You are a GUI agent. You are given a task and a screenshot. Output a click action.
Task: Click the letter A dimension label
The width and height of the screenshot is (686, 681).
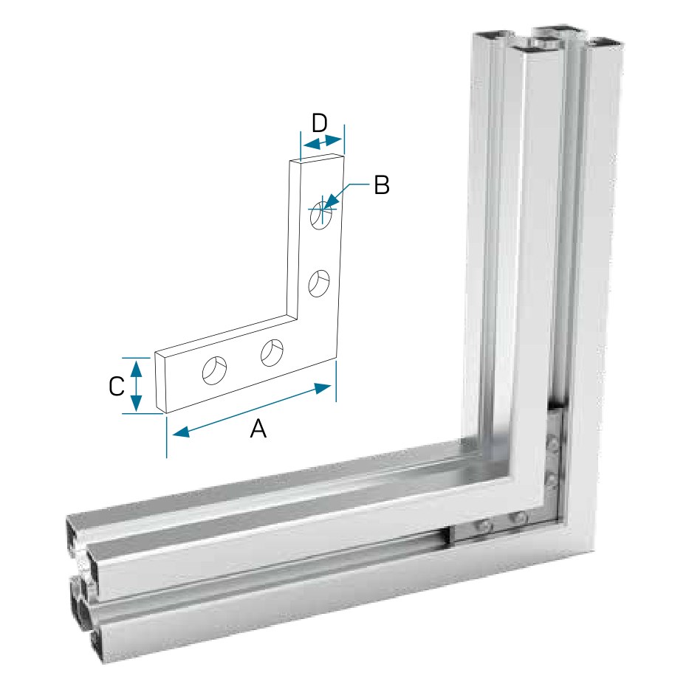[x=258, y=429]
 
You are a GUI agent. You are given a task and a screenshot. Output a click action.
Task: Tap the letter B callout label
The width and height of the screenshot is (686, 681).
[x=382, y=185]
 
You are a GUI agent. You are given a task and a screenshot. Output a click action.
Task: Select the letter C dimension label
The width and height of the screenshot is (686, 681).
[x=117, y=386]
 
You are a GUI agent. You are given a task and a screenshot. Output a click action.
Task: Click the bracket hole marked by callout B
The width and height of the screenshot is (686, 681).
[x=321, y=215]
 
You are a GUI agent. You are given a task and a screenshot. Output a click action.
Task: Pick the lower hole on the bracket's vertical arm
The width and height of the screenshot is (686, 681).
[x=319, y=283]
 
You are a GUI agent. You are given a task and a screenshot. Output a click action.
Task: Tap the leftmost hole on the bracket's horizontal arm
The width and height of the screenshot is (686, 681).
[x=214, y=370]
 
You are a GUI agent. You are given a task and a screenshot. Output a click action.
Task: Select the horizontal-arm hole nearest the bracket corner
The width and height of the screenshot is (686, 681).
[x=272, y=353]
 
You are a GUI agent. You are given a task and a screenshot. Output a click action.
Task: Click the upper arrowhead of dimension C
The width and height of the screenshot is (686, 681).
[x=137, y=367]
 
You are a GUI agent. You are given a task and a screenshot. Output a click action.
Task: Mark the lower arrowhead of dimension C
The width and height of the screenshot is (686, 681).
[x=137, y=404]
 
